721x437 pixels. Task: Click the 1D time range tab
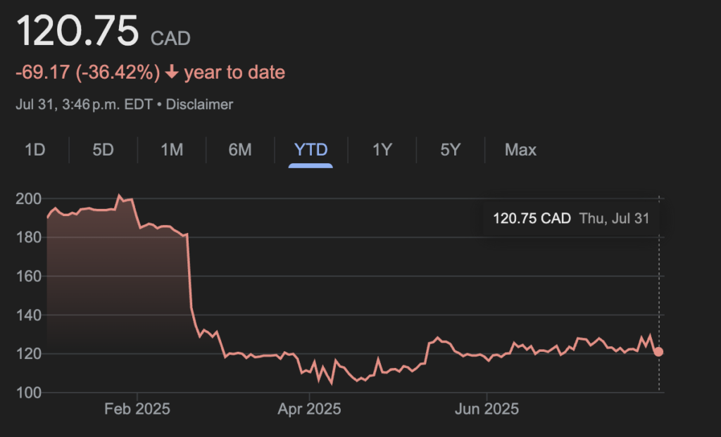pyautogui.click(x=35, y=150)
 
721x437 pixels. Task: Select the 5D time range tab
pyautogui.click(x=103, y=150)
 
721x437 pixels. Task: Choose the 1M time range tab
pyautogui.click(x=172, y=150)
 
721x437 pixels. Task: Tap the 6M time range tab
pyautogui.click(x=240, y=150)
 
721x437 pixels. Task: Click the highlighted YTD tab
pyautogui.click(x=311, y=150)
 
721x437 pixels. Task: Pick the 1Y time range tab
pyautogui.click(x=382, y=150)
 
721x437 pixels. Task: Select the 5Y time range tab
pyautogui.click(x=450, y=150)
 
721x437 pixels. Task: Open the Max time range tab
pyautogui.click(x=520, y=150)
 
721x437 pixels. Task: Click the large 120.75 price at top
pyautogui.click(x=77, y=32)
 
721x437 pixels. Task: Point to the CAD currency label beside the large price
pyautogui.click(x=170, y=38)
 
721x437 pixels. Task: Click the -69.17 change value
pyautogui.click(x=42, y=72)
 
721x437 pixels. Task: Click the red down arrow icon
pyautogui.click(x=172, y=72)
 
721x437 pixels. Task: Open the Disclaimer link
pyautogui.click(x=199, y=104)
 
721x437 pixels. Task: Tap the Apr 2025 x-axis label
pyautogui.click(x=311, y=408)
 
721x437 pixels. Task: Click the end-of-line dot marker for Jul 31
pyautogui.click(x=659, y=352)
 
